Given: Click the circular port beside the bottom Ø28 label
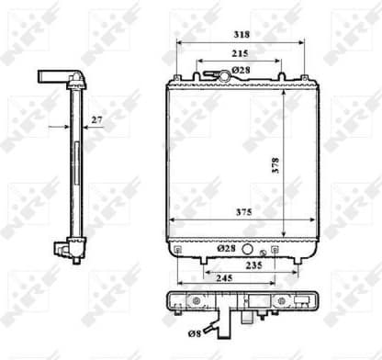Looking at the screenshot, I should [x=264, y=251].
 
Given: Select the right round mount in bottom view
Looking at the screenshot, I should [x=275, y=303].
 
